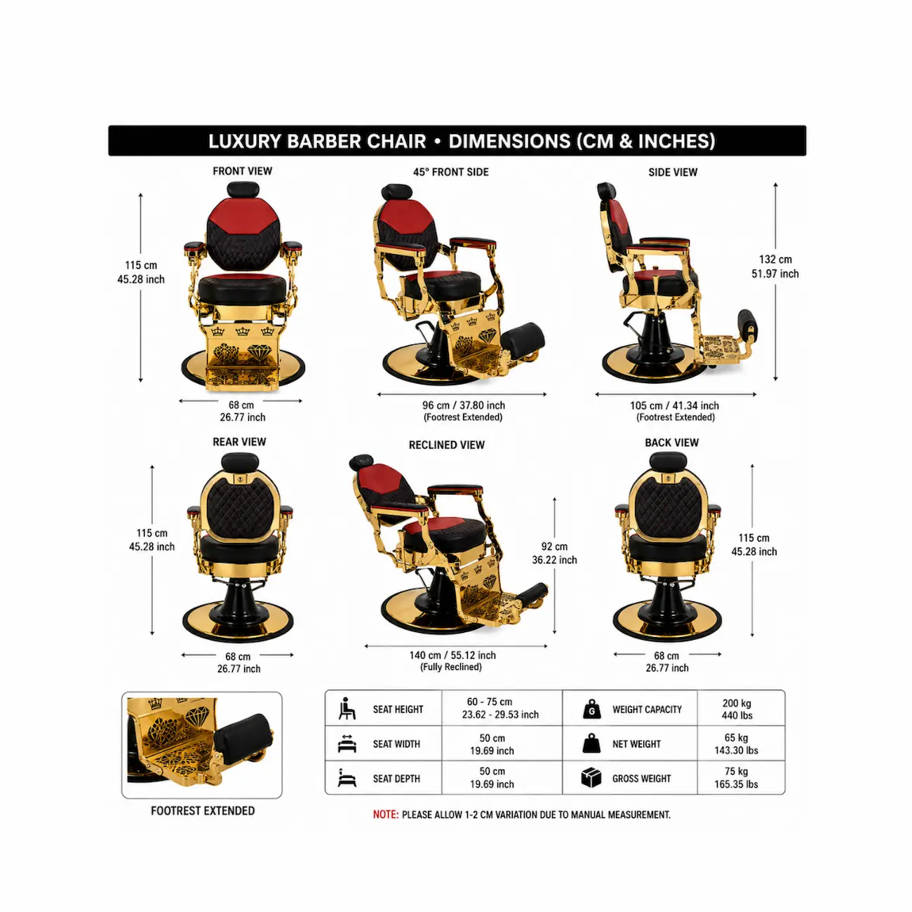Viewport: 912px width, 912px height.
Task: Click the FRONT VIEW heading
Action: click(242, 171)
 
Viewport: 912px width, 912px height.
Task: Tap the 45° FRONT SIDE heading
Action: click(450, 172)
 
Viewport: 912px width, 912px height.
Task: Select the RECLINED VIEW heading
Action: click(447, 445)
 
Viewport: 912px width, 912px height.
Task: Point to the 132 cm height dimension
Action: click(774, 267)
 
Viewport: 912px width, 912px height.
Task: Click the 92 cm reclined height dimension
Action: click(554, 554)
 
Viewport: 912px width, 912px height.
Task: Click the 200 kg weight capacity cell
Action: click(737, 709)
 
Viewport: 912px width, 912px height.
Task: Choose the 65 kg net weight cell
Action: click(736, 744)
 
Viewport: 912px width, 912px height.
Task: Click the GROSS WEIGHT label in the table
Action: click(641, 779)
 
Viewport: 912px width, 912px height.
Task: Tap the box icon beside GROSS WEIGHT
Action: click(591, 778)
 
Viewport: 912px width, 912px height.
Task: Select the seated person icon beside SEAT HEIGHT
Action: click(347, 709)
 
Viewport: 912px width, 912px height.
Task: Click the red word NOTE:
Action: click(386, 814)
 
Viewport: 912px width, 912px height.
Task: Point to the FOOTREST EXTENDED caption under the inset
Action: click(203, 811)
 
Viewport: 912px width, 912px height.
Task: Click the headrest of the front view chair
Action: click(243, 189)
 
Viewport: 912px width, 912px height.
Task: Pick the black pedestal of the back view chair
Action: click(667, 603)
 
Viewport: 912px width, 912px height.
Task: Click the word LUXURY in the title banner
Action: click(244, 141)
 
